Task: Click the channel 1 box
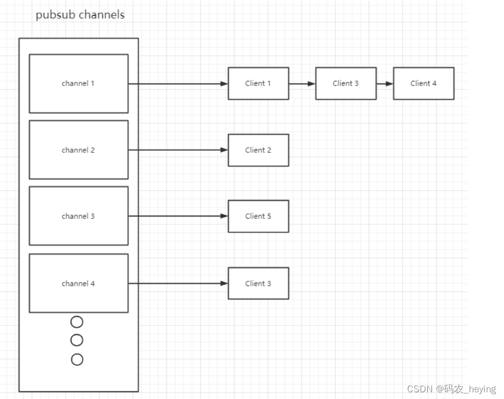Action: [x=78, y=83]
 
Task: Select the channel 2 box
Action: [x=78, y=150]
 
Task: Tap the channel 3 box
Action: [x=78, y=216]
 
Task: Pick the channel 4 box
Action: [x=78, y=283]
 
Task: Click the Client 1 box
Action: [x=258, y=83]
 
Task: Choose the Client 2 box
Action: [x=258, y=150]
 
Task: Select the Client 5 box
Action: [x=258, y=216]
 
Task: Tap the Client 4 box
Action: [x=424, y=83]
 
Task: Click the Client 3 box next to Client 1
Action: [x=346, y=83]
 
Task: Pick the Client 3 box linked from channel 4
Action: [x=258, y=283]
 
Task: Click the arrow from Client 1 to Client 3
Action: [x=302, y=84]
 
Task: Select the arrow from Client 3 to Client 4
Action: [x=385, y=84]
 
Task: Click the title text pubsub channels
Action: [x=80, y=15]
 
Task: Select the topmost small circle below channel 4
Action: [x=77, y=322]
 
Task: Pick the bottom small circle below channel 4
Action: [x=77, y=359]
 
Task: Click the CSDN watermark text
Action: [x=451, y=389]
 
